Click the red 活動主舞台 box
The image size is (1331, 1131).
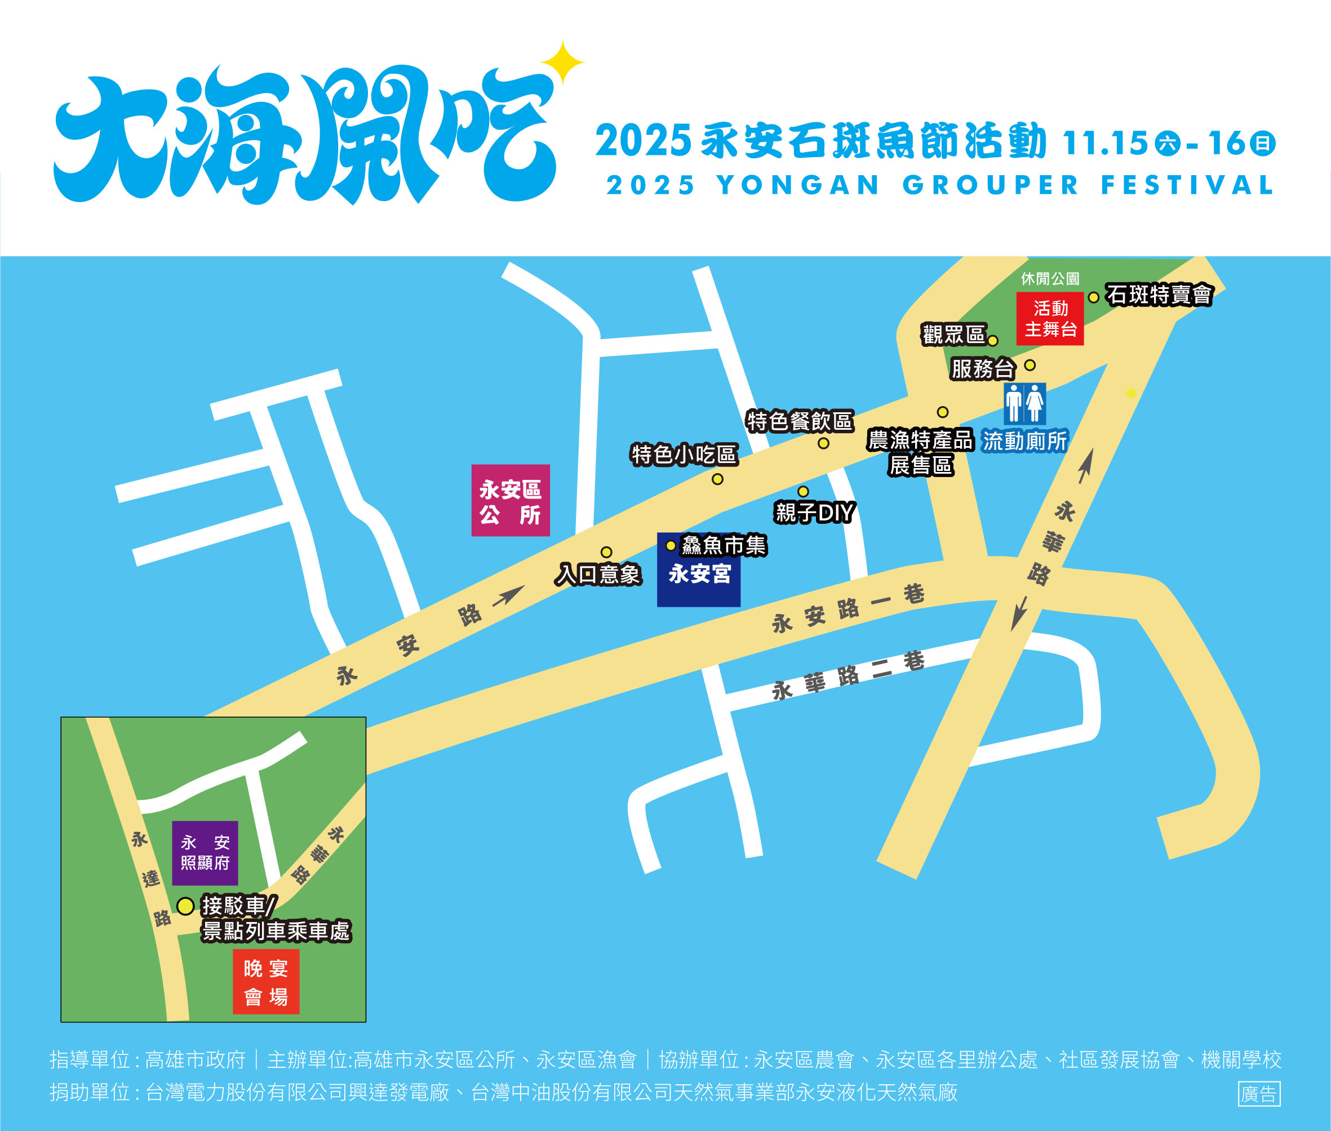click(x=1050, y=319)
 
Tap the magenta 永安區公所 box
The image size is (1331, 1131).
click(x=510, y=500)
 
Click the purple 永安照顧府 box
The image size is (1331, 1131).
click(x=205, y=853)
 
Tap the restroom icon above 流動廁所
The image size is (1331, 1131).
click(x=1024, y=403)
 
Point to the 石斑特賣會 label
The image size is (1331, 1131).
click(x=1159, y=295)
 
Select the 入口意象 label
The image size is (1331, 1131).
click(x=598, y=574)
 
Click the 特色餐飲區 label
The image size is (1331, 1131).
click(x=799, y=421)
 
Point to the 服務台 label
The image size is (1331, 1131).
click(x=982, y=369)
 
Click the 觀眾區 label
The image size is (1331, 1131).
click(x=953, y=334)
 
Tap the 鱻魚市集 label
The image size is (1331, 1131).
click(x=723, y=546)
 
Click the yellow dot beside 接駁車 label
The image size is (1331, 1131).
click(x=185, y=906)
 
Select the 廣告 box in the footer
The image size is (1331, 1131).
click(x=1258, y=1094)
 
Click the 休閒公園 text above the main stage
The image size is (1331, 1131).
click(x=1050, y=279)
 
